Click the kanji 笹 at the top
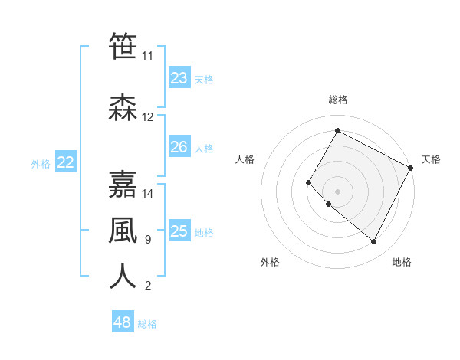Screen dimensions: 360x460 pyautogui.click(x=123, y=46)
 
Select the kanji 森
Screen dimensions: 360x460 pyautogui.click(x=123, y=108)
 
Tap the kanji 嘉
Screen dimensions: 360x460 pyautogui.click(x=123, y=185)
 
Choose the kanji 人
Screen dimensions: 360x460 pyautogui.click(x=123, y=277)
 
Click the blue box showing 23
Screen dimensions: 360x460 pyautogui.click(x=179, y=78)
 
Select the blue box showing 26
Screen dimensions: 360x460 pyautogui.click(x=179, y=147)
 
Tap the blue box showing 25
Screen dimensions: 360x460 pyautogui.click(x=179, y=231)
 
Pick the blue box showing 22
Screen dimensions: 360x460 pyautogui.click(x=66, y=162)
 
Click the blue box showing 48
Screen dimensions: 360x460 pyautogui.click(x=123, y=322)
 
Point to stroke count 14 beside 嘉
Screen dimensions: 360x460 pyautogui.click(x=148, y=194)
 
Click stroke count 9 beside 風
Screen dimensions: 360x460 pyautogui.click(x=147, y=240)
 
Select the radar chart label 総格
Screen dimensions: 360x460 pyautogui.click(x=337, y=100)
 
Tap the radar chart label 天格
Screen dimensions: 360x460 pyautogui.click(x=431, y=159)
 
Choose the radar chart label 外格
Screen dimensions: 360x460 pyautogui.click(x=270, y=262)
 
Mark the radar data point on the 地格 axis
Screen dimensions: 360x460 pyautogui.click(x=373, y=242)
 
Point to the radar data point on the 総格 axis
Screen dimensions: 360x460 pyautogui.click(x=337, y=130)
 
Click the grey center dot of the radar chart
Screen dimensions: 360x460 pyautogui.click(x=337, y=191)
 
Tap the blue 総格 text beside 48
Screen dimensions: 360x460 pyautogui.click(x=147, y=324)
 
